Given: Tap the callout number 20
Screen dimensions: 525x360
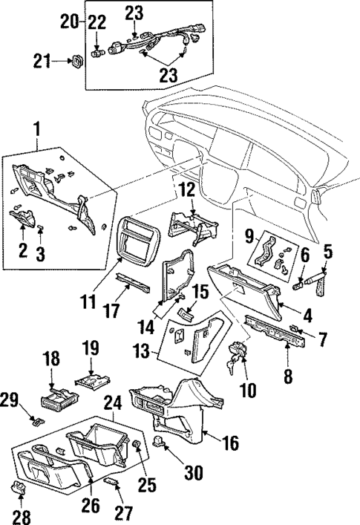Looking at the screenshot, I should (x=69, y=22).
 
